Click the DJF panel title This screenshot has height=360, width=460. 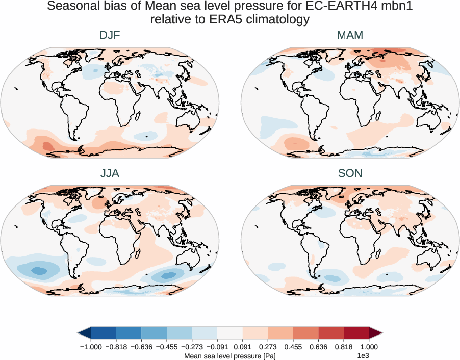click(x=110, y=36)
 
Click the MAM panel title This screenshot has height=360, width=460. click(x=350, y=36)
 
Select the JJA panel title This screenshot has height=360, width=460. click(x=110, y=173)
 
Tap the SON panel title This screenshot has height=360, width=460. click(x=350, y=173)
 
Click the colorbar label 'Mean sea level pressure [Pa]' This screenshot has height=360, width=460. click(x=229, y=355)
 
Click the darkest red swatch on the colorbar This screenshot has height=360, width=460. click(x=356, y=333)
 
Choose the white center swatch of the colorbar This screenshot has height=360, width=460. click(x=230, y=333)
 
